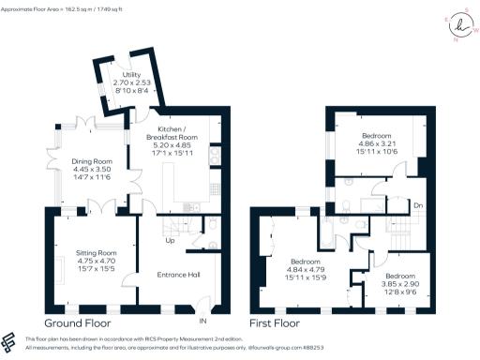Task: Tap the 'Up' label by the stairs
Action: [169, 241]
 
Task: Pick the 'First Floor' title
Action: [281, 324]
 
